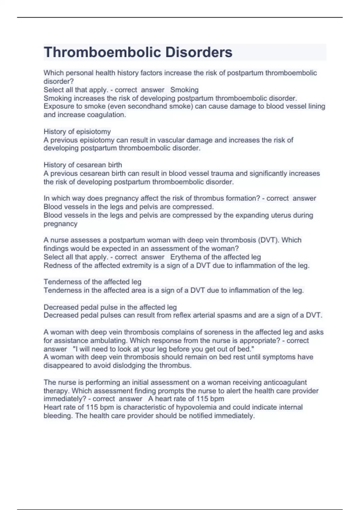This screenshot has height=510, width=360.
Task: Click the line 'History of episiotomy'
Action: click(77, 131)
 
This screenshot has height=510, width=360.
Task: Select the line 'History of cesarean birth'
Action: click(83, 165)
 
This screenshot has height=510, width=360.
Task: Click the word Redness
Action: click(56, 265)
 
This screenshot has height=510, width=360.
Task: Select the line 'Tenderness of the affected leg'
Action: click(92, 282)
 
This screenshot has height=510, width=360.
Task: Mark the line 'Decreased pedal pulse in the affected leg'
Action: click(110, 307)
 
